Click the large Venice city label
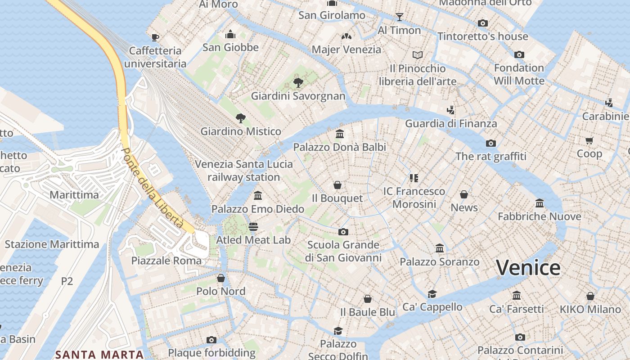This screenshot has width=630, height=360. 528,268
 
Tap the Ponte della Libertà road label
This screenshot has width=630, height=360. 153,188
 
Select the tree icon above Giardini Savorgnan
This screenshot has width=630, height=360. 298,82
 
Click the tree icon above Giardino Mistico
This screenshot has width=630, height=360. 241,118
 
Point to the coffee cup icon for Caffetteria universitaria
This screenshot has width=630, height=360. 155,37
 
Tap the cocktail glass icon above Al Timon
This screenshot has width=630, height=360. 399,17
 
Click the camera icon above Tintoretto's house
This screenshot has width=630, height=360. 482,23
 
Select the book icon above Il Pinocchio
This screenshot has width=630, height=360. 418,55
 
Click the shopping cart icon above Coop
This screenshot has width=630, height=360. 589,140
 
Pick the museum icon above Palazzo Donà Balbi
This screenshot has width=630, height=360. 340,134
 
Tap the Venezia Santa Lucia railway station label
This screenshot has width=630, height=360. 243,171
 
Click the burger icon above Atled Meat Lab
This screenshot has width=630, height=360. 253,226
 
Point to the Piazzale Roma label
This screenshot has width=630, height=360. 166,261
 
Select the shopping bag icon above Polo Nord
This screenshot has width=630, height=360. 220,278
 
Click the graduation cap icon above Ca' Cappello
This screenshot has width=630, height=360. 432,294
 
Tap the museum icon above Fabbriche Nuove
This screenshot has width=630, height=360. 539,203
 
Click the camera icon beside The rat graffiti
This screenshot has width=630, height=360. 490,143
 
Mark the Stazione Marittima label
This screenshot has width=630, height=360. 52,244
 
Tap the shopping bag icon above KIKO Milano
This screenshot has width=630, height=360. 590,296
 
